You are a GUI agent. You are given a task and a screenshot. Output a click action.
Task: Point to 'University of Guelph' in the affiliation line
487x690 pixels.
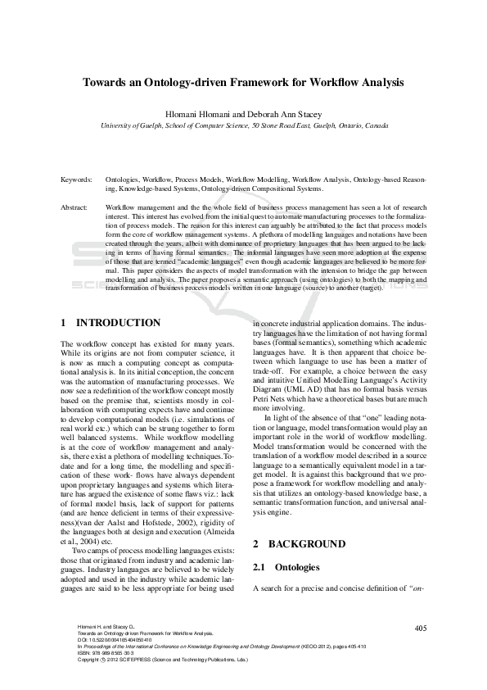(x=133, y=126)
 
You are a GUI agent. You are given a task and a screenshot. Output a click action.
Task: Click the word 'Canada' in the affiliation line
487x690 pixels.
(x=377, y=126)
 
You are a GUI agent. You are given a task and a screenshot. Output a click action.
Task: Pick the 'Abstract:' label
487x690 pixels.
(x=75, y=208)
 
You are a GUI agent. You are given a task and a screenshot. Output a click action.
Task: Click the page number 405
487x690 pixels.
(x=421, y=628)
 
